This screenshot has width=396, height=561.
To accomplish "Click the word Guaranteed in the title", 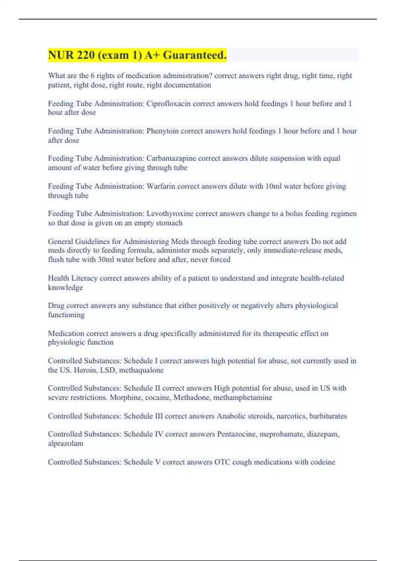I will click(x=195, y=55).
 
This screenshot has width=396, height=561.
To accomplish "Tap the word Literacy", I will click(x=84, y=278).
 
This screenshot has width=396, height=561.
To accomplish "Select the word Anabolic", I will click(x=230, y=416).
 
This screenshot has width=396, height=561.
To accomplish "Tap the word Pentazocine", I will click(x=236, y=434).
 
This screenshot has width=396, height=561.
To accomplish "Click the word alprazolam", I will click(x=65, y=444).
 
